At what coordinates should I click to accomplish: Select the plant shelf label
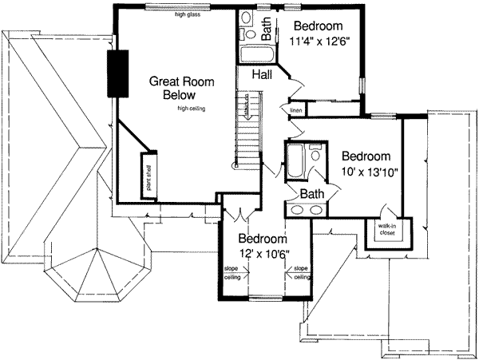[148, 176]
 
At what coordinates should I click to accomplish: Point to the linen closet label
[295, 109]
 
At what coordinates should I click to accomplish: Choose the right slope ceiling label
[302, 273]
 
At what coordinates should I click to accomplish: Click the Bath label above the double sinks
[311, 193]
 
